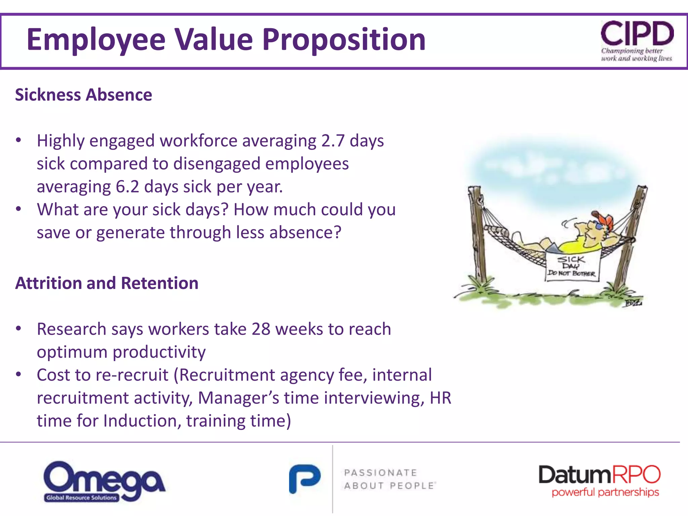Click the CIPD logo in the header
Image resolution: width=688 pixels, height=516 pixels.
click(x=637, y=40)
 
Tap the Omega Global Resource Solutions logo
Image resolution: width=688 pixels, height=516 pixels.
click(x=104, y=481)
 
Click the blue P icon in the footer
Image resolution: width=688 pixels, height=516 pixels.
click(x=305, y=478)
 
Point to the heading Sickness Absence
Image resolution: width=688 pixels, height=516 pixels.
click(x=84, y=95)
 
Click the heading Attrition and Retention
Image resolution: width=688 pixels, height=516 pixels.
click(x=107, y=283)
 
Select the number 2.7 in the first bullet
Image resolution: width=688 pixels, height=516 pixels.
click(x=333, y=140)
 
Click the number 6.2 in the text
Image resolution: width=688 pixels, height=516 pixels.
click(x=127, y=186)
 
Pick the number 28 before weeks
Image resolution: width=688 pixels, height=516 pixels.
click(x=261, y=329)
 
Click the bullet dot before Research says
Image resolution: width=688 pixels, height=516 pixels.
click(x=19, y=328)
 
